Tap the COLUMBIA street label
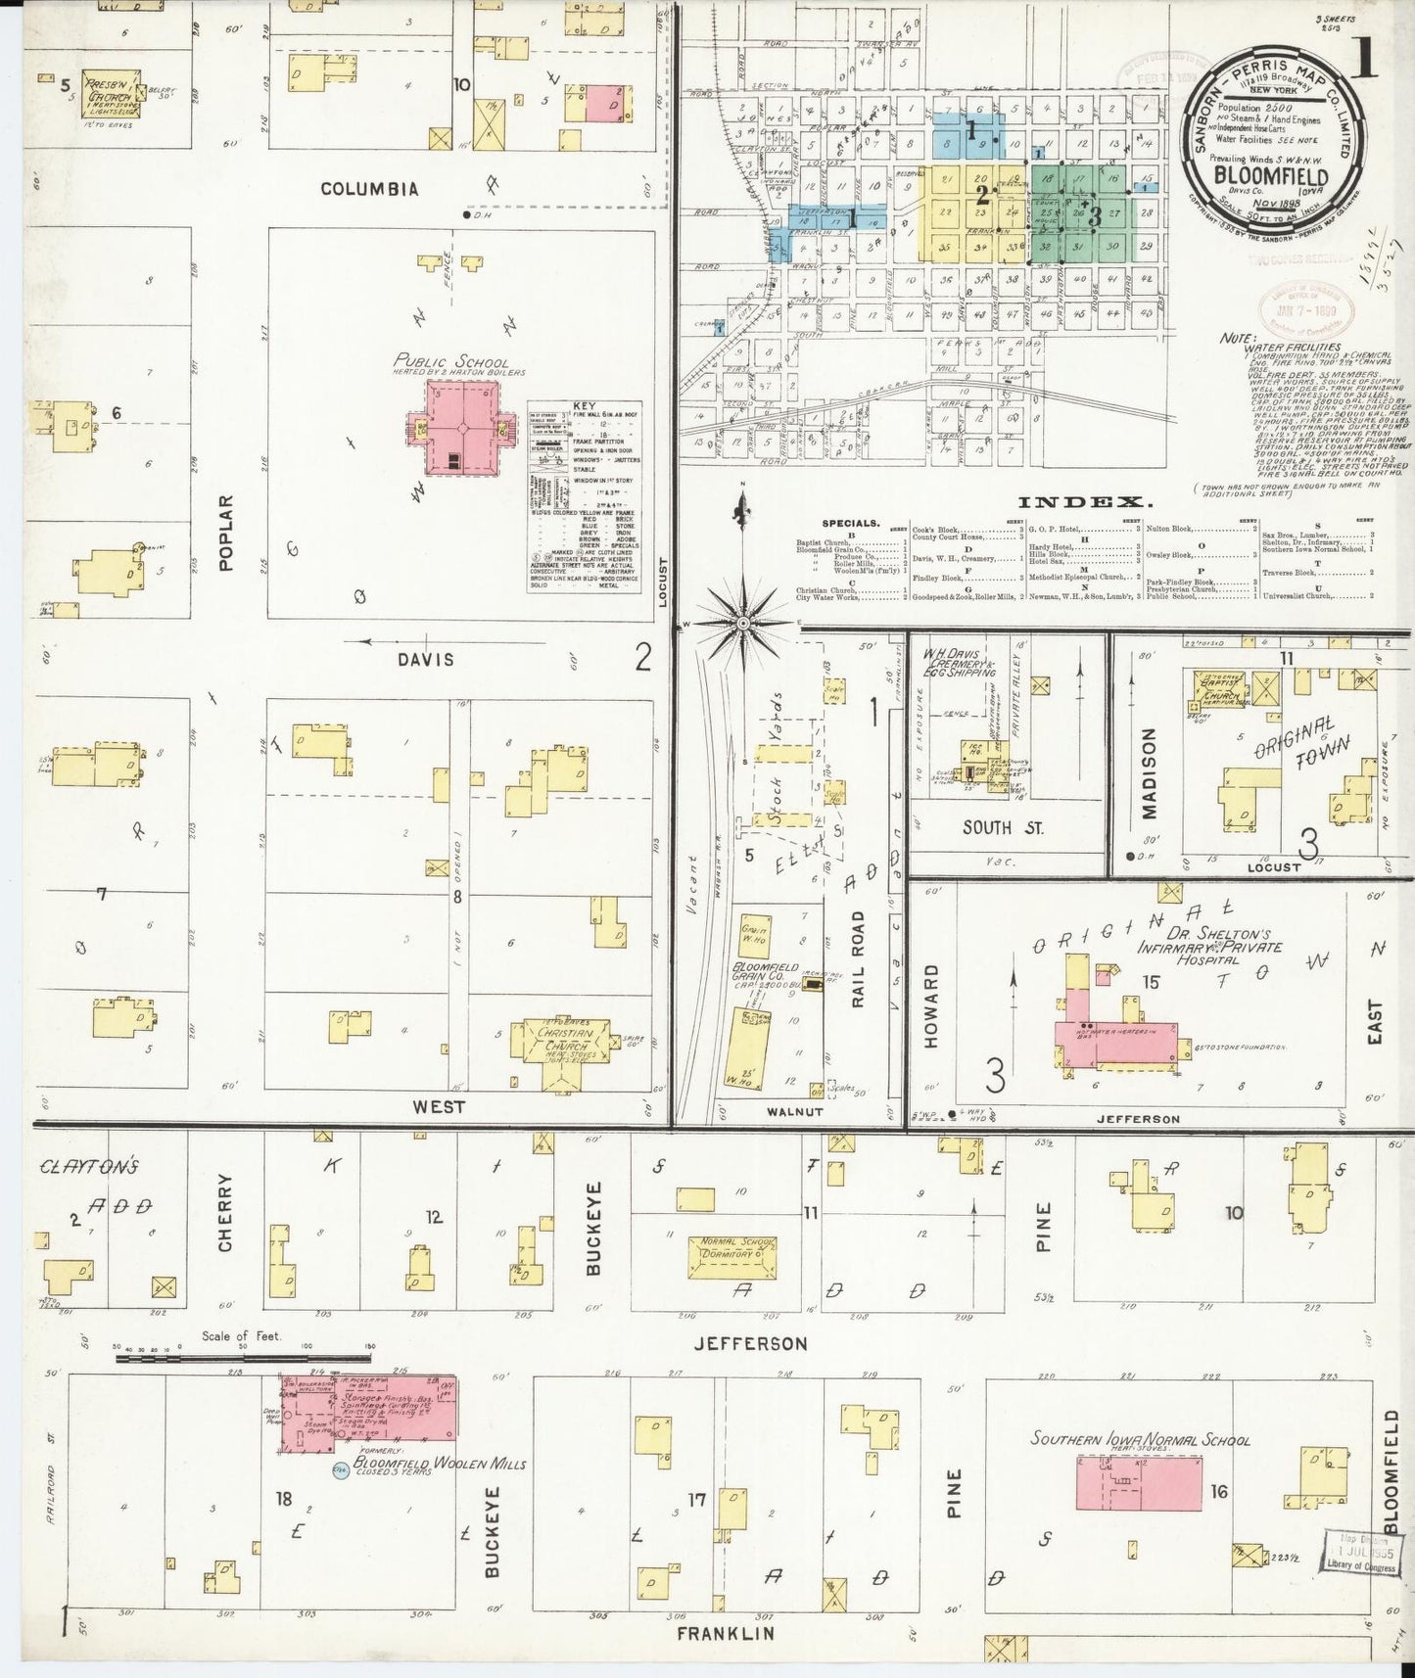point(369,189)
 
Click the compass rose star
point(742,623)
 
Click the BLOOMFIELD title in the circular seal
point(1272,176)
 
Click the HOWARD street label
point(931,1005)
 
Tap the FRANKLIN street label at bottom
point(726,1634)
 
